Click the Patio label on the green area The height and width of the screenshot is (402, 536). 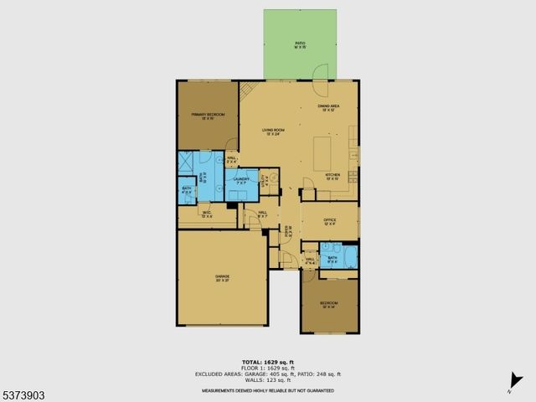(300, 44)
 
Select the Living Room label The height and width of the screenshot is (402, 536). (274, 131)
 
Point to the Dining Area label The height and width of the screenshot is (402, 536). (327, 108)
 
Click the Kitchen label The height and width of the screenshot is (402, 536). (332, 176)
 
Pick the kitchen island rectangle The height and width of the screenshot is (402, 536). (326, 153)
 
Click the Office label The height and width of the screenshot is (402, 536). (329, 222)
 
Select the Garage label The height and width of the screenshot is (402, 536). (223, 278)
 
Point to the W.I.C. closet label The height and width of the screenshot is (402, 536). (207, 214)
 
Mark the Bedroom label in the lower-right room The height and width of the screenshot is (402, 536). (329, 304)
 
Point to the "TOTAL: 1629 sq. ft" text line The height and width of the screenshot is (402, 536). (268, 362)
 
